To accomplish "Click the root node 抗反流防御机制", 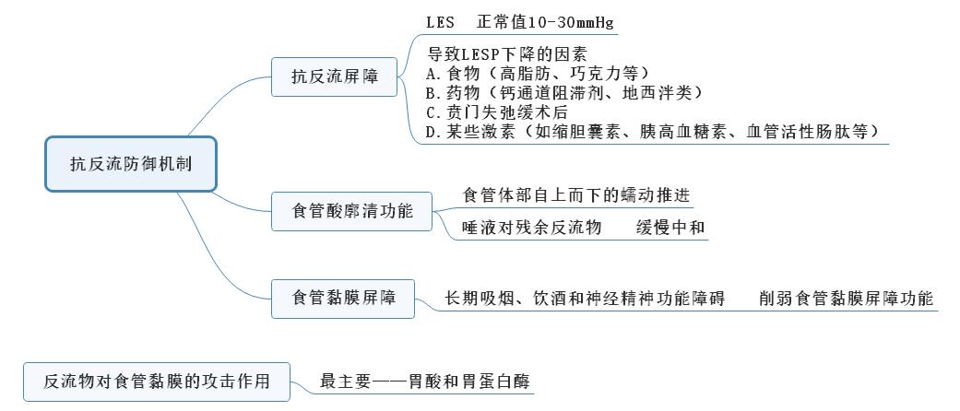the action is (x=131, y=164).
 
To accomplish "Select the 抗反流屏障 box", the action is (x=334, y=77).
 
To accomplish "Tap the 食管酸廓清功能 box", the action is (x=351, y=212).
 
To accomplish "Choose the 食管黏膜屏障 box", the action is (x=343, y=299).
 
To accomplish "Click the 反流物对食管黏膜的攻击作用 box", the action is (x=157, y=382).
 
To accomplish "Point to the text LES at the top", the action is (x=440, y=23).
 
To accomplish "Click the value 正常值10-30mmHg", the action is (x=545, y=23).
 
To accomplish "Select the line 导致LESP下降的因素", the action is (x=507, y=53).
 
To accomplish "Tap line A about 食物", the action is (x=538, y=74).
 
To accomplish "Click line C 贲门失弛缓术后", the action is (x=497, y=112).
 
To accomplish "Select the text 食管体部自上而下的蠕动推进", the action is (x=576, y=195).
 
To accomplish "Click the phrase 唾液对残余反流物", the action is (x=532, y=228).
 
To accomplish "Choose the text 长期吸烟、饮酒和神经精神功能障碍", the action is (x=586, y=299).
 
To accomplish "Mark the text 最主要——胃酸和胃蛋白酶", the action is (x=425, y=382).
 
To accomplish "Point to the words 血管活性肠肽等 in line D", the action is (x=808, y=132).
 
